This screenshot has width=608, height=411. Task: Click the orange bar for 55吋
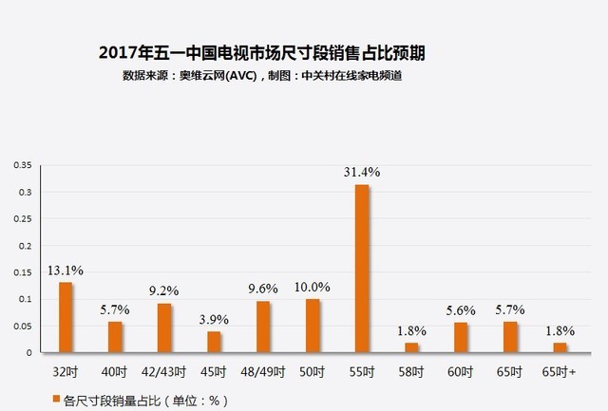point(362,269)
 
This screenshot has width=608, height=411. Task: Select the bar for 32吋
point(66,317)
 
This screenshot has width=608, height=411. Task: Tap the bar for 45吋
point(214,342)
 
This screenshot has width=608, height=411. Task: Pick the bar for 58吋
point(411,347)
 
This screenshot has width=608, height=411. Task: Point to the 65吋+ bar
point(560,347)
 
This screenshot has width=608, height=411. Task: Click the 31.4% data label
point(362,172)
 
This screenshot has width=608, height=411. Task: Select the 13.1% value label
point(66,271)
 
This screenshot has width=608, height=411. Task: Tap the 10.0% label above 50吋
point(313,287)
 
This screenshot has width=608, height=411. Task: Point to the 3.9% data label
point(214,320)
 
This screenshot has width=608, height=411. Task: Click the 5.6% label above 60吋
point(461,310)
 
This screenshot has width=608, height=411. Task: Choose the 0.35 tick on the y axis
point(23,165)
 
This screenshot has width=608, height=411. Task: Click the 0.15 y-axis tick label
point(23,272)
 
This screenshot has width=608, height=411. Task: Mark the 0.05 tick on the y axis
point(23,327)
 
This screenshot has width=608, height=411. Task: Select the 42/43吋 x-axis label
point(163,372)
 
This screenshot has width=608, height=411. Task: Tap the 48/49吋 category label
point(262,372)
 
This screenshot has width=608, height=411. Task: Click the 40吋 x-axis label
point(114,372)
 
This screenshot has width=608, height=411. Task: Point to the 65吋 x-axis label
point(509,372)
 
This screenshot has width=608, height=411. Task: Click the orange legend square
point(56,399)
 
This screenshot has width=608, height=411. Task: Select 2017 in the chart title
point(118,53)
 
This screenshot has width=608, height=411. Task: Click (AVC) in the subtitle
point(240,76)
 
